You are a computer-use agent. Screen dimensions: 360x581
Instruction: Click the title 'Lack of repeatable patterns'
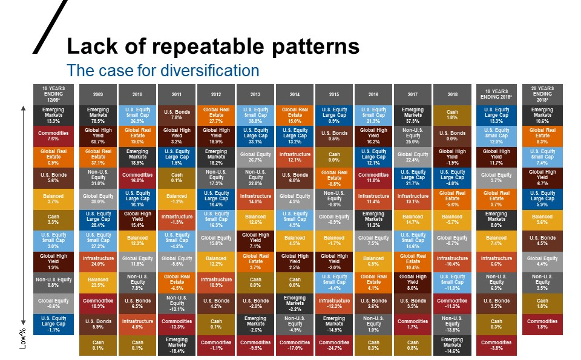coord(212,46)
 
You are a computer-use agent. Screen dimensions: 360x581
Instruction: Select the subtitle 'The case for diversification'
coord(163,70)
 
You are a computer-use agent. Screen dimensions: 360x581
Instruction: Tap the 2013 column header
coord(255,94)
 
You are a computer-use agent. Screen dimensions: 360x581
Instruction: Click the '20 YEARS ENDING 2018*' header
coord(542,94)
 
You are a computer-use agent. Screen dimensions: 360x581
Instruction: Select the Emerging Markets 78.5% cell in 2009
coord(98,114)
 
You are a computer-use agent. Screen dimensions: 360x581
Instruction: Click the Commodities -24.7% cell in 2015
coord(334,345)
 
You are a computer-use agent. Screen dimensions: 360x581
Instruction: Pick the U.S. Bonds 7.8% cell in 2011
coord(177,114)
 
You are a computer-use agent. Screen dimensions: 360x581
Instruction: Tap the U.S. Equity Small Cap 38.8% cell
coord(255,114)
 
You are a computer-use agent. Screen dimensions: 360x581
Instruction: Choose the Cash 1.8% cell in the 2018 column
coord(452,114)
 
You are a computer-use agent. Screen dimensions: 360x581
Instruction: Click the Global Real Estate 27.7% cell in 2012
coord(216,114)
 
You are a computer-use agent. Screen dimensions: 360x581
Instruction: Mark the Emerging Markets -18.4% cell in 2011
coord(177,345)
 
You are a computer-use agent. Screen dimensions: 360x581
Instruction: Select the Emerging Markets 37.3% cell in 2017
coord(413,114)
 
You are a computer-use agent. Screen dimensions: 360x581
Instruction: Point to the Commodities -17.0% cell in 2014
coord(295,345)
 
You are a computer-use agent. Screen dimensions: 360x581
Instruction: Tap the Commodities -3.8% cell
coord(496,345)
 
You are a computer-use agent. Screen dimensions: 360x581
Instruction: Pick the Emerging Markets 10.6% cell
coord(542,114)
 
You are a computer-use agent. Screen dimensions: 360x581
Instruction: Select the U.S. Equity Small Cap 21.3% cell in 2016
coord(373,114)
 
